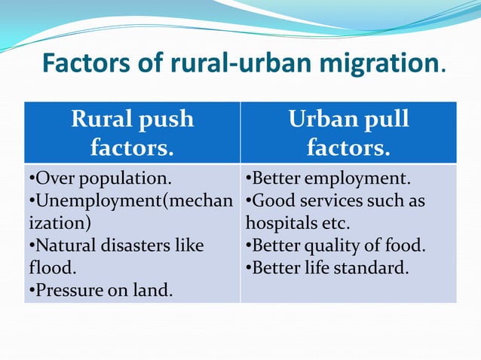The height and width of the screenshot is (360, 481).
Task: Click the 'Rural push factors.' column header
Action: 132,133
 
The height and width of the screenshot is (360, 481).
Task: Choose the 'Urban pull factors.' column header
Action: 348,133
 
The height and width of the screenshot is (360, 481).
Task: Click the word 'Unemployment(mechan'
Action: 131,201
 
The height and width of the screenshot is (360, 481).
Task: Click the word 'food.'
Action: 406,246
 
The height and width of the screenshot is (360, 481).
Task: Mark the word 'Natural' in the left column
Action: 63,246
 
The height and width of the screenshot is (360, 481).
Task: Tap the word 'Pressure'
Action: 64,289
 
